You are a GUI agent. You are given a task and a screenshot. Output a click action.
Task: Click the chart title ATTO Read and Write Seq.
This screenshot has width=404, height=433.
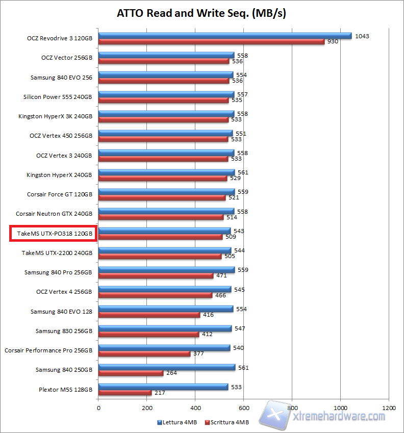[201, 14]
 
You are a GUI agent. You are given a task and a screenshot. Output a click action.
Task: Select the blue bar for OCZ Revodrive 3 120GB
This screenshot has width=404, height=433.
[224, 36]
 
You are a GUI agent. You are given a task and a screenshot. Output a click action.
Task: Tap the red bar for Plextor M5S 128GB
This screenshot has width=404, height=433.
[124, 393]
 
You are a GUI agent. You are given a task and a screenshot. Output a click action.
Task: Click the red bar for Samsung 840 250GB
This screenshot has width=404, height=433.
[131, 373]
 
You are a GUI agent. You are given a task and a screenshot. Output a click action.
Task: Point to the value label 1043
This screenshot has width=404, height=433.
[362, 36]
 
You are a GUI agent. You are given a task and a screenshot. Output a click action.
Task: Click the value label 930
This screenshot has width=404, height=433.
[333, 42]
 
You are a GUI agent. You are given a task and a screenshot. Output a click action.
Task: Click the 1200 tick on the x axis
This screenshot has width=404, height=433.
[389, 408]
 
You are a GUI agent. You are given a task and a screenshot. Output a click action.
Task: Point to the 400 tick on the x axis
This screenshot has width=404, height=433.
[195, 408]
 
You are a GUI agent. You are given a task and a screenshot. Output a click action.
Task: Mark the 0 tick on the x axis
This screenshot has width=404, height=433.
[98, 408]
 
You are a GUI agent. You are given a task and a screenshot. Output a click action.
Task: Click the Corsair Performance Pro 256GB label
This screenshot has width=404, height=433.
[48, 350]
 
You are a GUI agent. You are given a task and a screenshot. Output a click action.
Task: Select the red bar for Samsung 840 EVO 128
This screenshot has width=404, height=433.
[149, 315]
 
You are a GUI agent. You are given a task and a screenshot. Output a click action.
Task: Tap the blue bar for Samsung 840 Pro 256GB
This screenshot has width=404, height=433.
[166, 269]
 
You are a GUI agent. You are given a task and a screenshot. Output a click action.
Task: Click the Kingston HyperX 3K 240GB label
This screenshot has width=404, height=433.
[55, 116]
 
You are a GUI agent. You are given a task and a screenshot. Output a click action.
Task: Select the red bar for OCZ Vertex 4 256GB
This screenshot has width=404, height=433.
[155, 295]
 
